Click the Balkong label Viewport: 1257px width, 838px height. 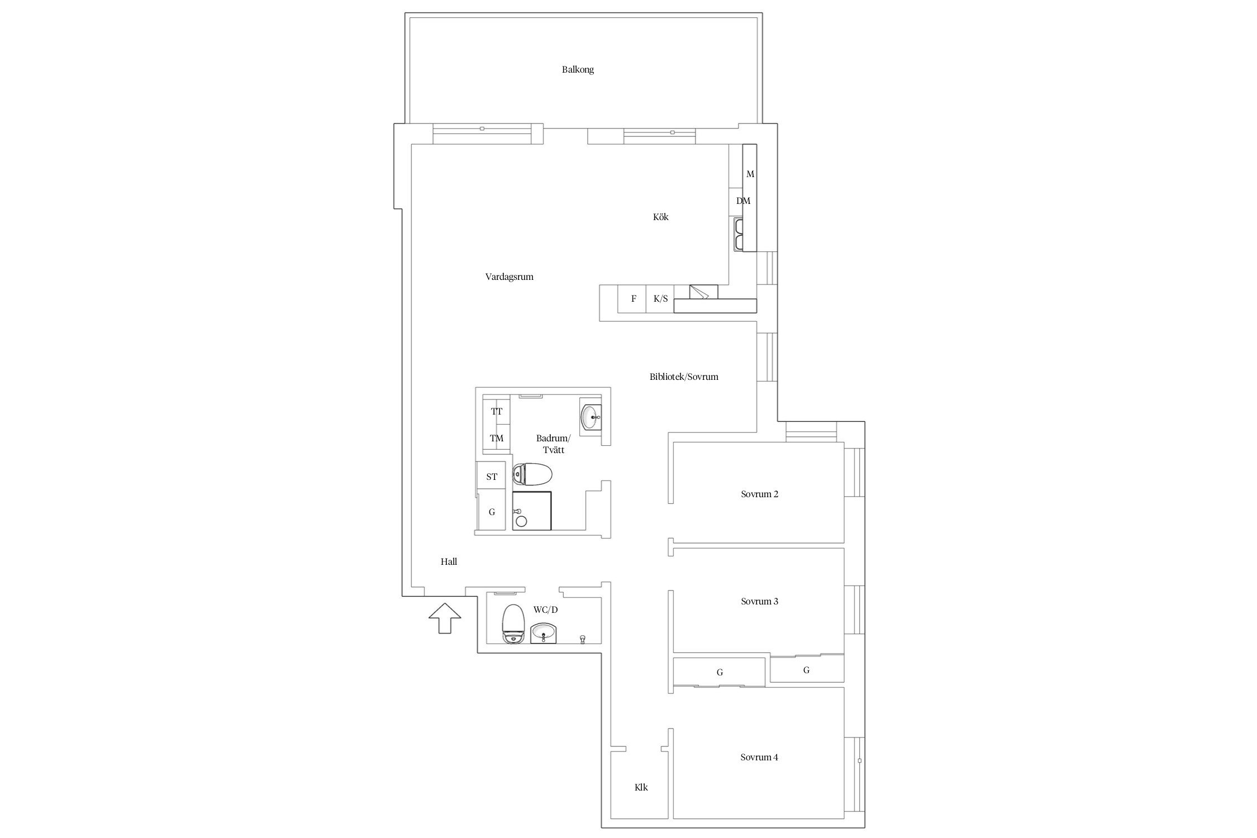point(578,70)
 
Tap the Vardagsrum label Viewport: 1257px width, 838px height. point(509,277)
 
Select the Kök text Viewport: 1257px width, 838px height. point(660,217)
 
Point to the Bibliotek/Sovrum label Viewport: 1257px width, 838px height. point(684,377)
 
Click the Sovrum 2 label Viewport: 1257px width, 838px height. point(759,494)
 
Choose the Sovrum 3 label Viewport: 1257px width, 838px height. point(759,601)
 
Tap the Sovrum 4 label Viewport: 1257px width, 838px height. point(759,757)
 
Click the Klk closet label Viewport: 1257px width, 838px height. point(641,787)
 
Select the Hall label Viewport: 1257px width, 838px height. point(449,561)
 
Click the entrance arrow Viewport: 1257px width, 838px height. point(445,618)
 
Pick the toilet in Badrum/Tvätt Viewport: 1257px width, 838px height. point(532,475)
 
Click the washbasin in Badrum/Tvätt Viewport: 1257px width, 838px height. point(591,417)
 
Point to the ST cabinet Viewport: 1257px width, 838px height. point(492,476)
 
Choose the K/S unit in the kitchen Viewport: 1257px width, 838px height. point(660,298)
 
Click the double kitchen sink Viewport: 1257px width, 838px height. point(739,235)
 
